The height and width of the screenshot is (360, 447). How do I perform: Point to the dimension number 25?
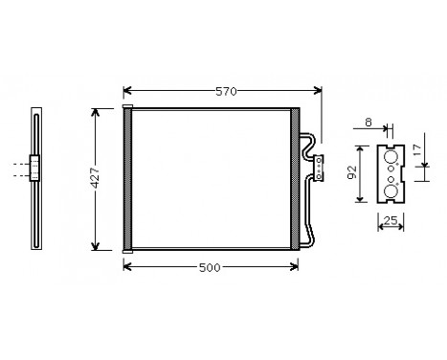(391, 222)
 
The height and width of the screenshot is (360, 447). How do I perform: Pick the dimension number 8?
(370, 122)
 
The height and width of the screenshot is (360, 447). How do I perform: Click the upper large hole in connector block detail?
(391, 157)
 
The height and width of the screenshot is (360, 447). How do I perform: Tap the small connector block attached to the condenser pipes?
(319, 167)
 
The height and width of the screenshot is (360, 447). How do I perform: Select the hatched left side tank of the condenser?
(127, 179)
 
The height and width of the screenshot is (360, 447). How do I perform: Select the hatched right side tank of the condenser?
(295, 179)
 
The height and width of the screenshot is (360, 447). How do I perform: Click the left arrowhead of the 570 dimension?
(127, 92)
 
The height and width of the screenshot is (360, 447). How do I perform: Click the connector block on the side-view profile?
(34, 169)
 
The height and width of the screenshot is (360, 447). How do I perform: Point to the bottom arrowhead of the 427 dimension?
(95, 247)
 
